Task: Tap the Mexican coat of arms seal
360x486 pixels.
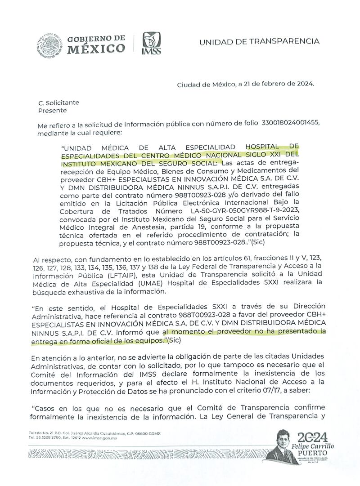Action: coord(49,43)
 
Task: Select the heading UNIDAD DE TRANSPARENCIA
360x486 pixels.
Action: coord(259,41)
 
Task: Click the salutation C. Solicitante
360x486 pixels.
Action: coord(58,103)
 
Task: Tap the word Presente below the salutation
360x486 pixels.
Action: coord(52,110)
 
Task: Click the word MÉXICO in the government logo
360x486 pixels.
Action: coord(96,49)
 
